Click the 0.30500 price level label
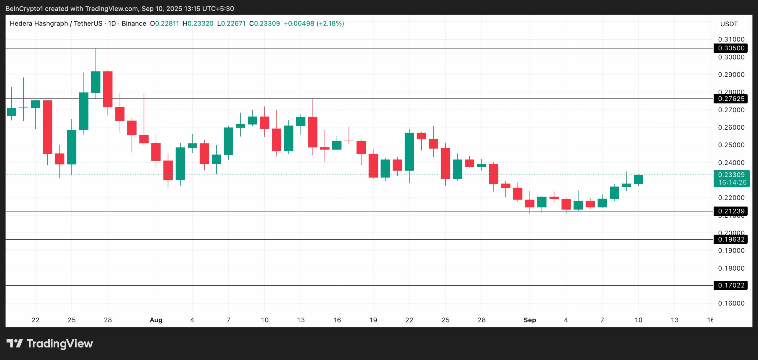click(731, 48)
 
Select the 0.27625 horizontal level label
click(731, 99)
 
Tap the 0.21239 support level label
click(731, 211)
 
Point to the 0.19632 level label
click(731, 239)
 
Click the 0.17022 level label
click(731, 285)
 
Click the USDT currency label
click(729, 24)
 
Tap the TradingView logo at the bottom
click(50, 343)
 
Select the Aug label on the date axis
click(156, 320)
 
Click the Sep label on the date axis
click(530, 320)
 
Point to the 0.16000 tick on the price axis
click(731, 303)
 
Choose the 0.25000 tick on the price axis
click(731, 145)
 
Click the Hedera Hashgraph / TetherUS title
click(56, 23)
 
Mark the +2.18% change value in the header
click(330, 23)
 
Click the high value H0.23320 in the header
click(198, 23)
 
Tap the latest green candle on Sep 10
click(638, 179)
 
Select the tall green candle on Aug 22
click(409, 152)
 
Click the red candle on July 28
click(108, 89)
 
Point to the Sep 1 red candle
click(530, 203)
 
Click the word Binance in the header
click(134, 23)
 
